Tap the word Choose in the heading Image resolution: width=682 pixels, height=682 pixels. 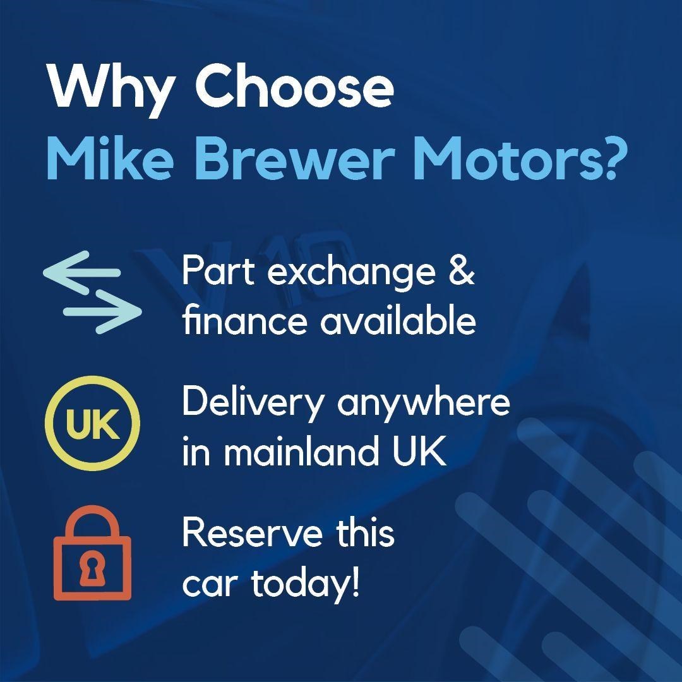coord(294,86)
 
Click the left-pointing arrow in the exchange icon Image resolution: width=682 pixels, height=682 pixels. coord(81,272)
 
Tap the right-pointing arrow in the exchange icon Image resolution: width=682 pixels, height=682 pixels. coord(103,311)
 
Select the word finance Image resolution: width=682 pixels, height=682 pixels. coord(244,320)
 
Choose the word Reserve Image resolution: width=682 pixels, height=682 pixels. coord(253,532)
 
